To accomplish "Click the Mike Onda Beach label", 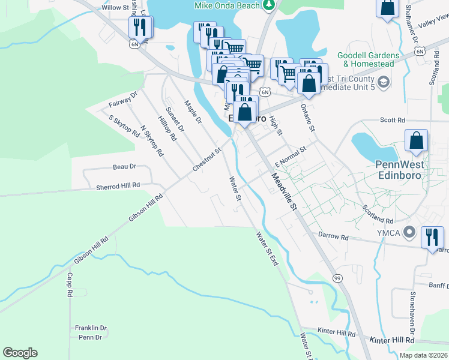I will (x=227, y=5).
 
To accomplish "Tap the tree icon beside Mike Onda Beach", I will (x=270, y=5).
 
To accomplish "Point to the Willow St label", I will (x=115, y=8).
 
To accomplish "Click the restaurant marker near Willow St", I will (x=140, y=26).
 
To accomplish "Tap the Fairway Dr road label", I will (x=123, y=100).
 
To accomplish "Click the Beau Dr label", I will (x=125, y=166).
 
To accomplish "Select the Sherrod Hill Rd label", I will (x=118, y=187).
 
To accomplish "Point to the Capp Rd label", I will (x=70, y=286).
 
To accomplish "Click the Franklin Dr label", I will (x=91, y=328).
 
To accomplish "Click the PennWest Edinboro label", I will (x=400, y=170).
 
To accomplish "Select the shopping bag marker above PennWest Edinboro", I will (x=416, y=141).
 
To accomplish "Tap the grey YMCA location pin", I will (x=410, y=231).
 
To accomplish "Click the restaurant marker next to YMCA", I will (x=432, y=238).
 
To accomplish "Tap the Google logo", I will (x=20, y=353).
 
